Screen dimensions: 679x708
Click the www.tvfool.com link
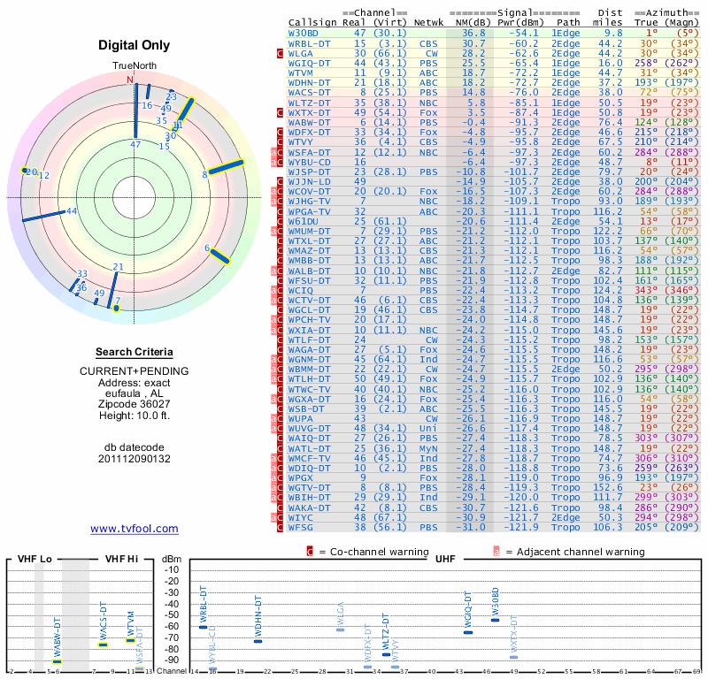[135, 529]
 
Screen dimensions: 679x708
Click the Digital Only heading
[135, 45]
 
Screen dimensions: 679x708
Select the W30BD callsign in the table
[305, 33]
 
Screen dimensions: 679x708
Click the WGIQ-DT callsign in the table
[310, 63]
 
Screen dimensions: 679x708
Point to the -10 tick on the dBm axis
[172, 569]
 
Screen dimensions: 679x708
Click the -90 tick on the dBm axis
[172, 660]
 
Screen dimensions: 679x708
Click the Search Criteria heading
[135, 352]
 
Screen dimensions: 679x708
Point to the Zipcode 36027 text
[135, 401]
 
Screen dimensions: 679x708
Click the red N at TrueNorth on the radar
[130, 80]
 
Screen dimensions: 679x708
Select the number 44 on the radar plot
[72, 210]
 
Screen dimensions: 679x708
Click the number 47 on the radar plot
[135, 143]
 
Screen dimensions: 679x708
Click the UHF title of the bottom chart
[445, 560]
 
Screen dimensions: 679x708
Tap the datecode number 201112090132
[135, 459]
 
